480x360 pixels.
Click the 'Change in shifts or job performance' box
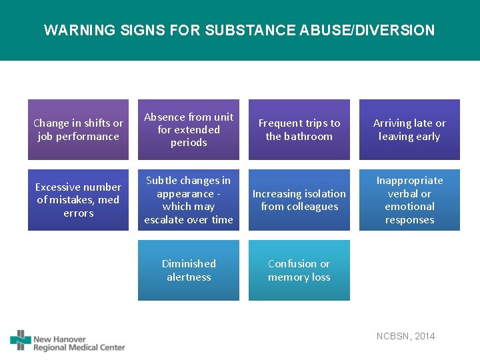(x=78, y=129)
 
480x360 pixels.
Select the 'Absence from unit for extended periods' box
(x=189, y=129)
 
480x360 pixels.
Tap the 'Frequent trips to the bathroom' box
(x=299, y=129)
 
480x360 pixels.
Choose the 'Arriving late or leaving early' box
(x=409, y=129)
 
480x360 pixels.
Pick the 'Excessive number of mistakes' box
(x=78, y=200)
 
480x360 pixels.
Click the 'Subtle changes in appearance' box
(x=189, y=200)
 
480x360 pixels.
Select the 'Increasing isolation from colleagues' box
(x=299, y=200)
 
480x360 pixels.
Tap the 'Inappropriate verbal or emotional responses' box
(x=409, y=200)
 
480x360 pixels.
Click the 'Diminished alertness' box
(x=189, y=270)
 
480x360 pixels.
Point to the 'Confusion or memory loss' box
(x=299, y=270)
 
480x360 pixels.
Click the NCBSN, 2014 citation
(x=405, y=336)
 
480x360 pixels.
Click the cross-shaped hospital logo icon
(x=21, y=340)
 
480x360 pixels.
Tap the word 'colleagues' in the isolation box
(x=313, y=207)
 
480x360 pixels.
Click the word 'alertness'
(x=189, y=277)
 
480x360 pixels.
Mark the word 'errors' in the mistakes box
(x=79, y=213)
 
